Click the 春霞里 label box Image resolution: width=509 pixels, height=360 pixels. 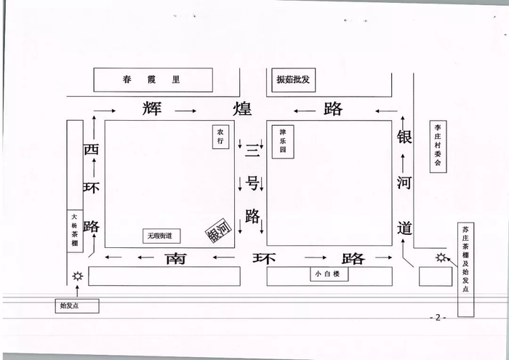pyautogui.click(x=153, y=79)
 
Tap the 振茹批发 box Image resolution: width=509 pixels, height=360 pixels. pyautogui.click(x=293, y=79)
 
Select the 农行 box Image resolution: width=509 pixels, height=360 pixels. pyautogui.click(x=219, y=137)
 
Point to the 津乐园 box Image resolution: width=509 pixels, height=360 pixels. pyautogui.click(x=284, y=142)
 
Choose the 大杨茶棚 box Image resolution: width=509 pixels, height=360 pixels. pyautogui.click(x=73, y=231)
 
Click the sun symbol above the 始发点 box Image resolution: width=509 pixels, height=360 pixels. pyautogui.click(x=77, y=277)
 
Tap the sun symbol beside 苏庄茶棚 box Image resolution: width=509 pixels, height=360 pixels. pyautogui.click(x=440, y=257)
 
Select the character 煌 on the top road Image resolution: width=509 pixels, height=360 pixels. pyautogui.click(x=241, y=110)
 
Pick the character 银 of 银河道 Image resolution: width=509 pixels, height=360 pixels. pyautogui.click(x=405, y=138)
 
